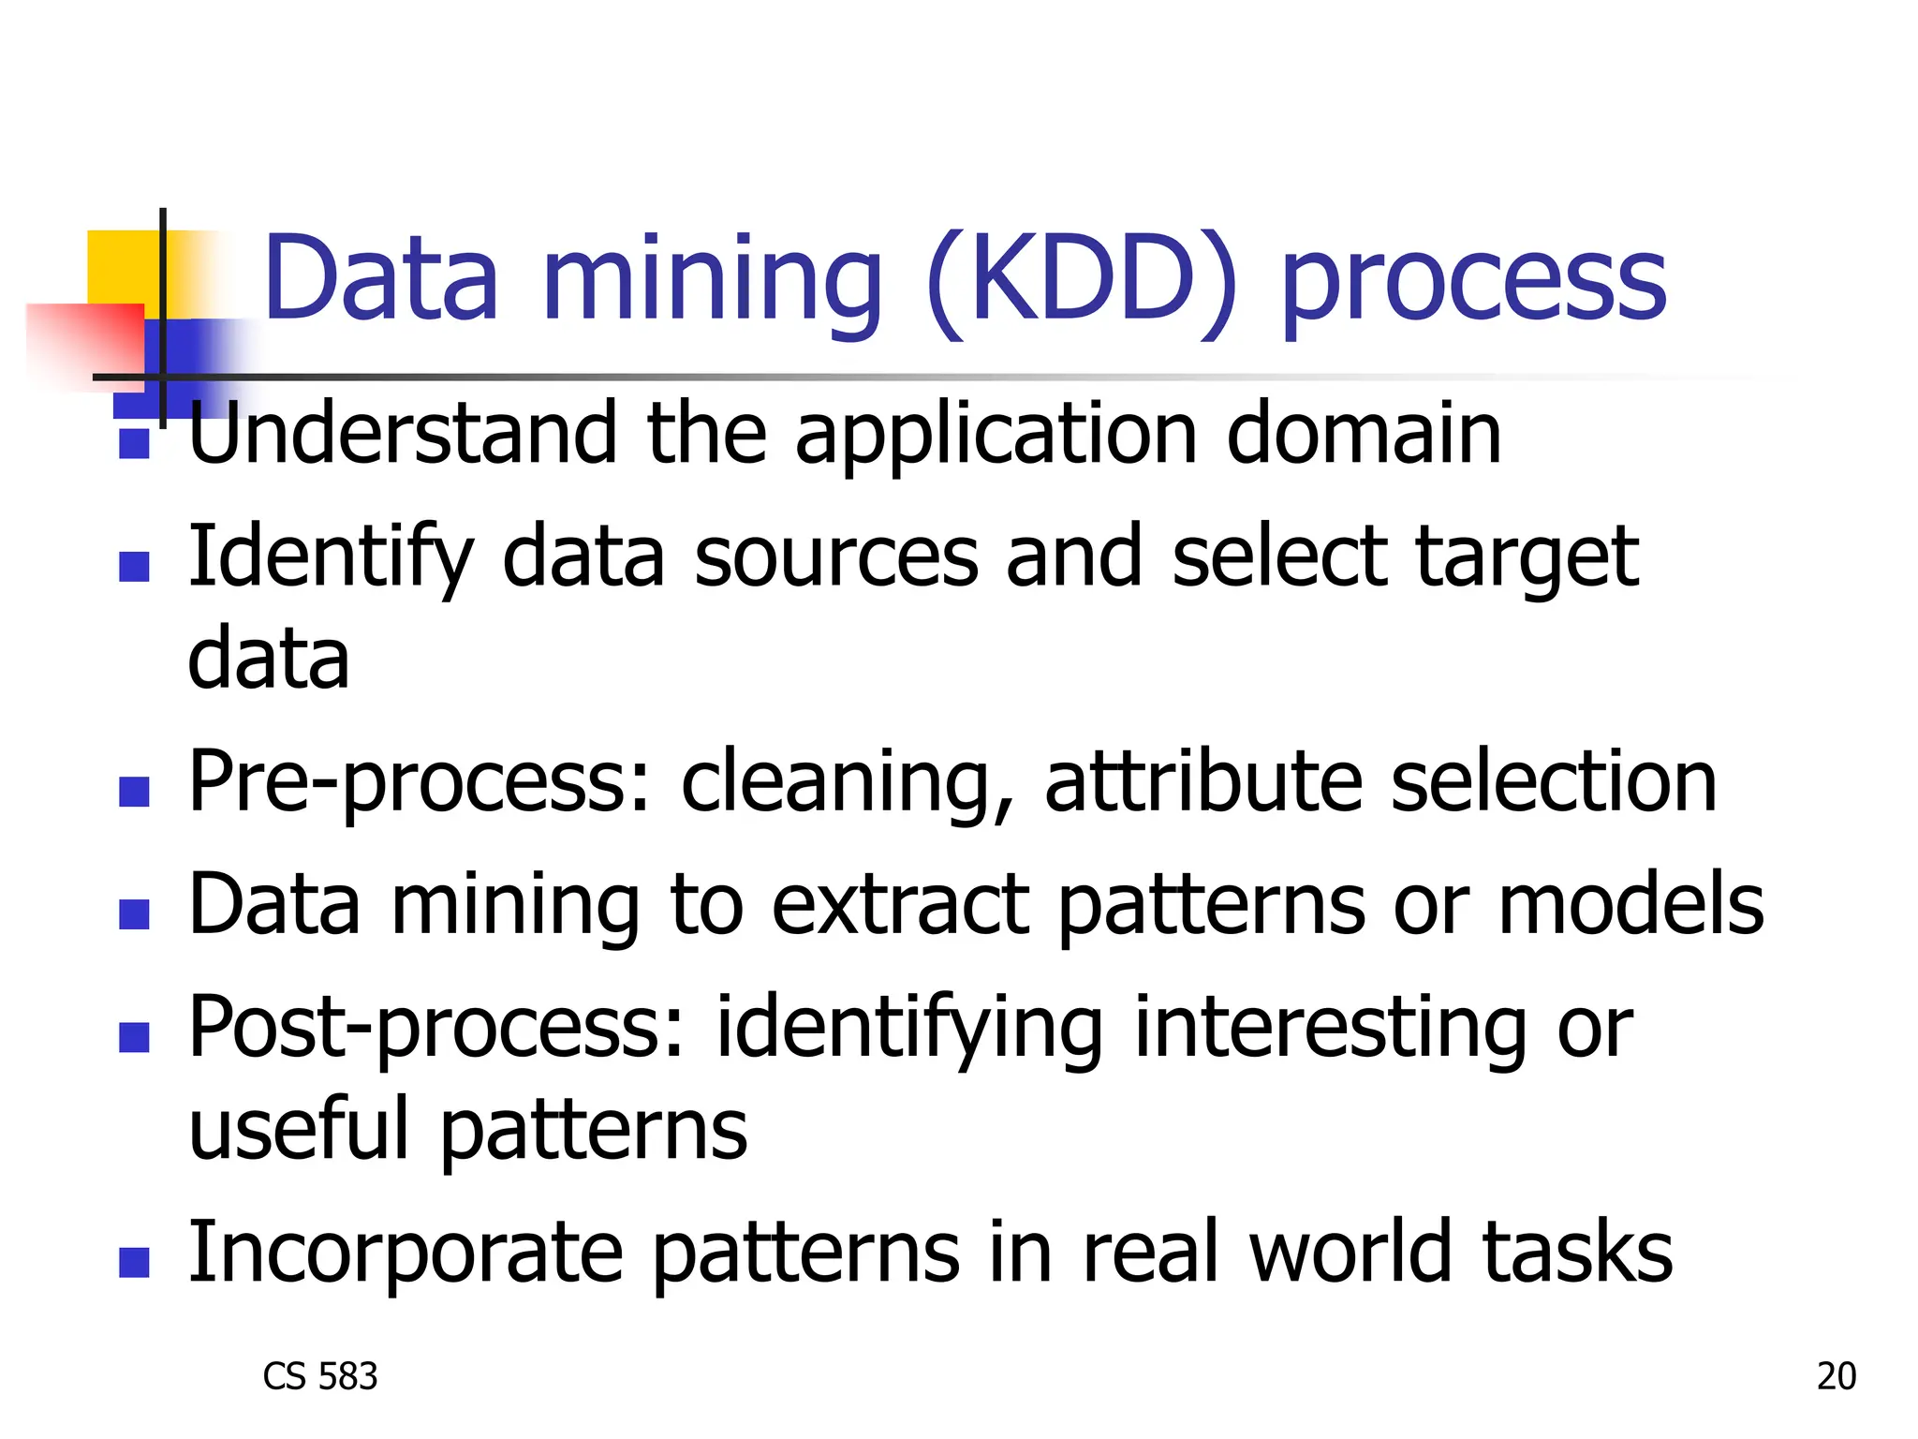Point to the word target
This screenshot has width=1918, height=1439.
click(1527, 560)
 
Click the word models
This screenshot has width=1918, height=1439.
click(1630, 905)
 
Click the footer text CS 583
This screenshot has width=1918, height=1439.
click(320, 1376)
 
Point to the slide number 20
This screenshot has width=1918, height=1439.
click(1836, 1376)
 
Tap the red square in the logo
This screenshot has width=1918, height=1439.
click(89, 342)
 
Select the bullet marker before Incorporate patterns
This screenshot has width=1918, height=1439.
click(135, 1262)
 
